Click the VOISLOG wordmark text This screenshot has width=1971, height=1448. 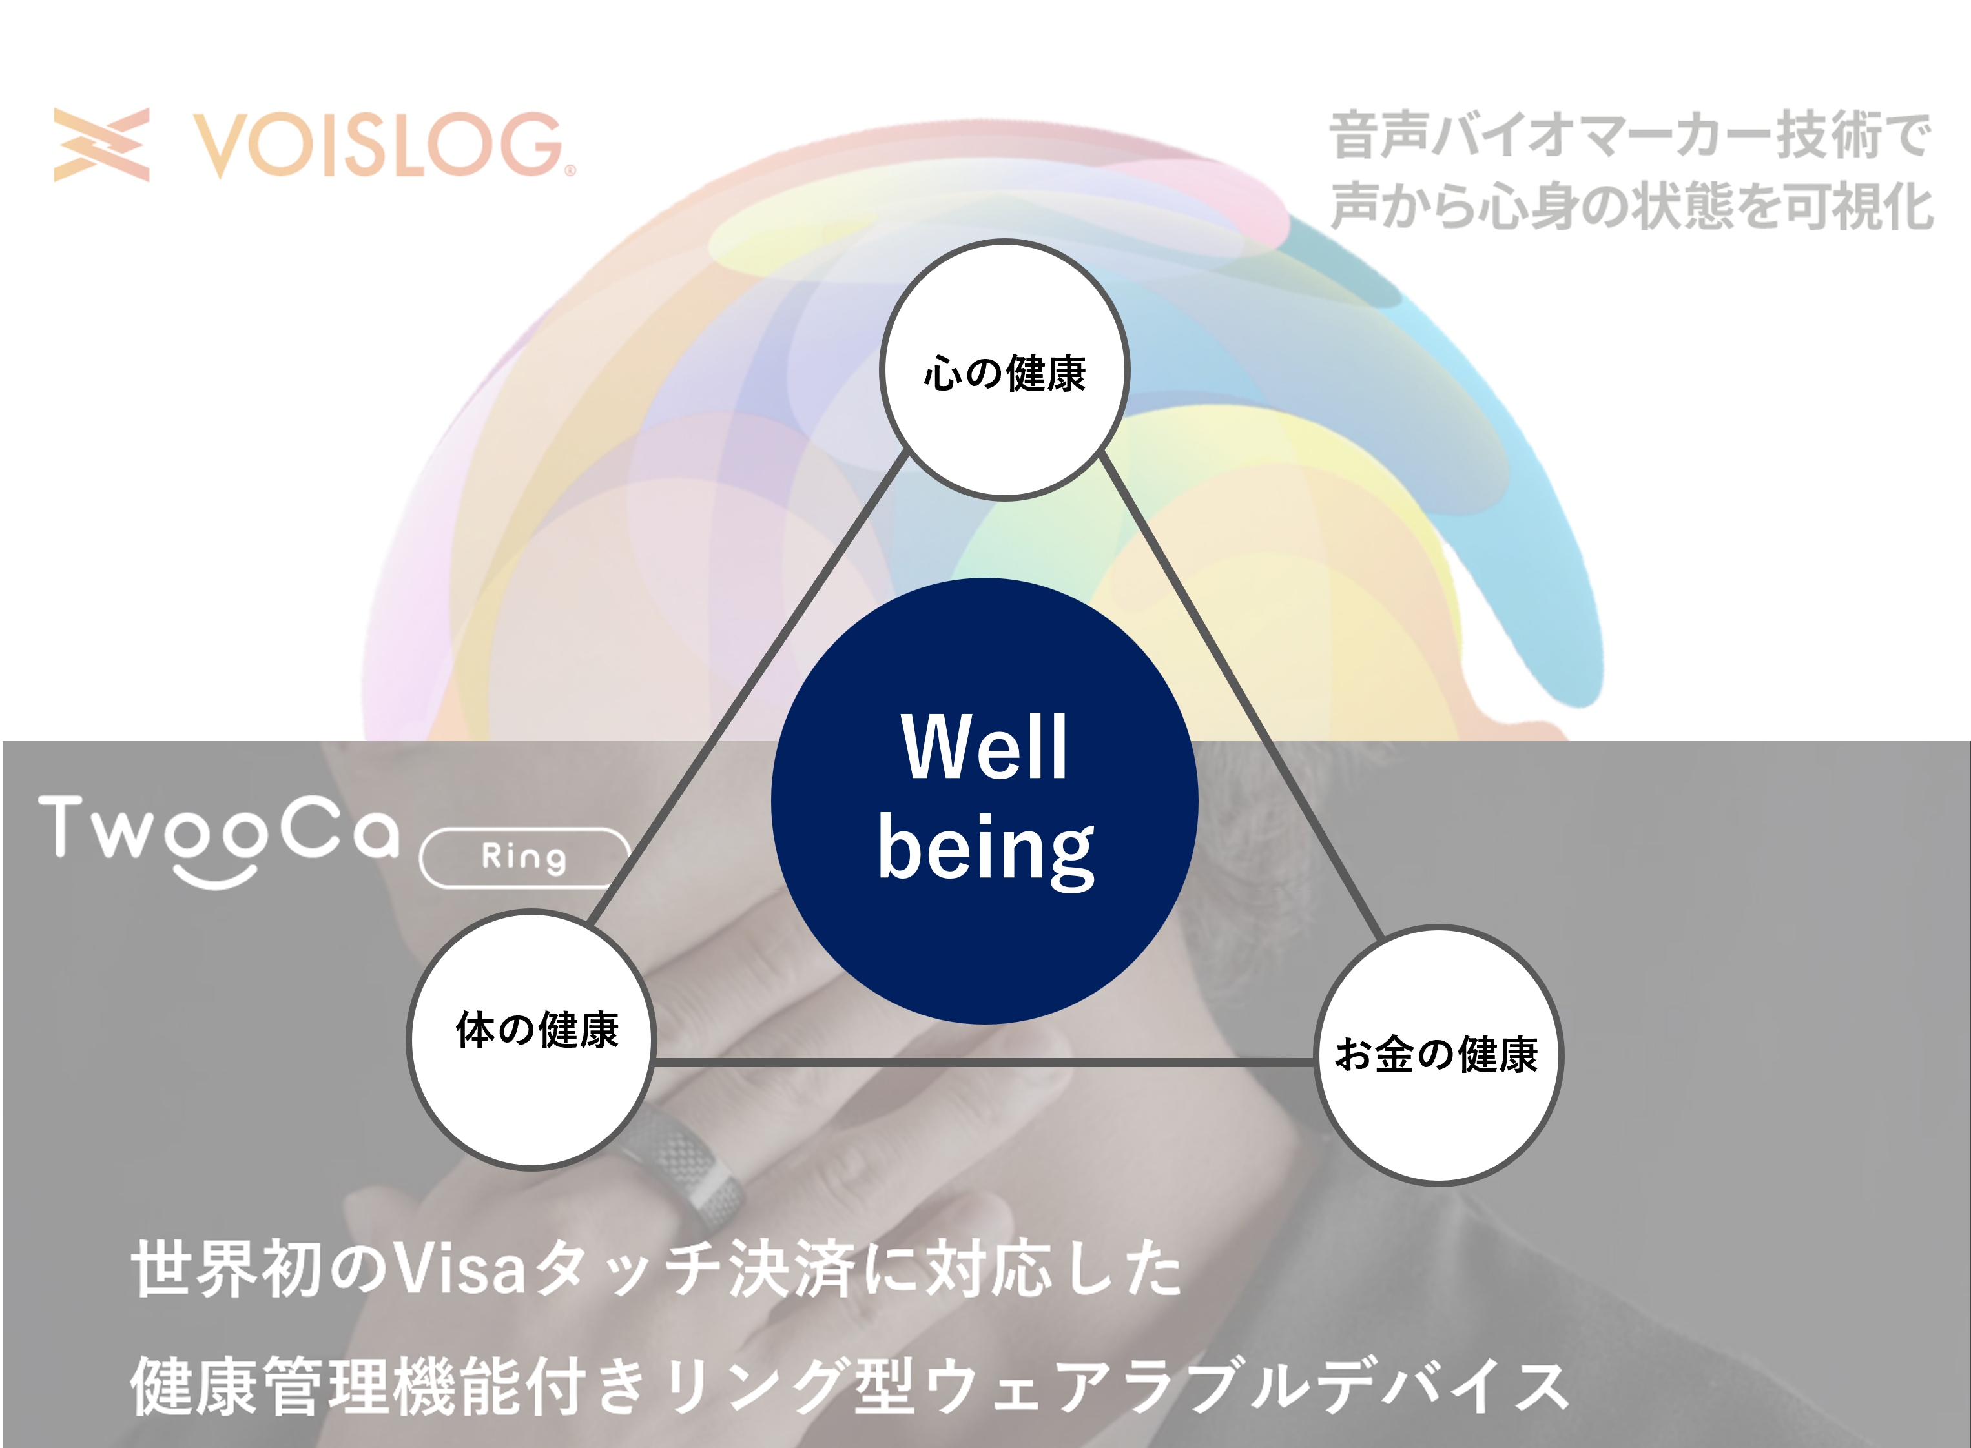coord(377,145)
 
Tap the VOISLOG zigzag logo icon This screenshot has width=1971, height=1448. coord(101,145)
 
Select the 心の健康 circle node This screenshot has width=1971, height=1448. coord(1005,370)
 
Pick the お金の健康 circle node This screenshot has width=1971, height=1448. coord(1438,1055)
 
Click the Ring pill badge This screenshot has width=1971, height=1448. coord(524,857)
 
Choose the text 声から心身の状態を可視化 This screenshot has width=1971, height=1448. coord(1631,206)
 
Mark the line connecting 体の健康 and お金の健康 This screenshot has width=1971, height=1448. coord(982,1063)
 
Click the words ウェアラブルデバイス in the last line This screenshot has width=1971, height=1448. coord(1245,1387)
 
